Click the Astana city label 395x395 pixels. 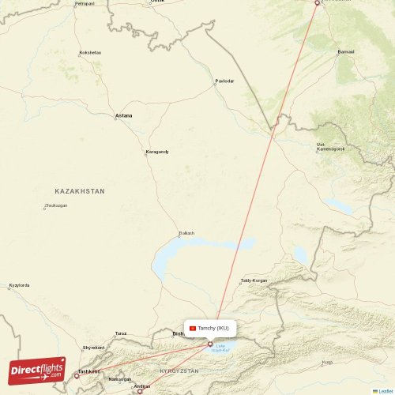click(x=124, y=116)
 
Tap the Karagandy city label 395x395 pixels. click(x=157, y=152)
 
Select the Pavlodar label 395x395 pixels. click(x=224, y=81)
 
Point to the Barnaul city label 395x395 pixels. click(x=346, y=52)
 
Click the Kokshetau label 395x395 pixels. click(x=90, y=53)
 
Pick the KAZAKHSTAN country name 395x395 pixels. click(x=80, y=191)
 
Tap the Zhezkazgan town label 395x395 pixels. click(x=55, y=205)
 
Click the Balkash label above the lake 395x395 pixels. click(x=186, y=232)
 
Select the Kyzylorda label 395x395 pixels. click(x=20, y=285)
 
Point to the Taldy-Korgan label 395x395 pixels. click(x=254, y=280)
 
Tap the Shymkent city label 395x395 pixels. click(x=93, y=348)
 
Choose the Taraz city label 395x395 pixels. click(x=121, y=334)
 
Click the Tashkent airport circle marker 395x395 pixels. click(x=77, y=375)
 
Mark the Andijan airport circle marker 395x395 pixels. click(x=140, y=389)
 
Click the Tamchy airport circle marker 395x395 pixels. click(x=209, y=344)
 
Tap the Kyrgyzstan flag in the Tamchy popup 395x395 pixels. click(x=192, y=328)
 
